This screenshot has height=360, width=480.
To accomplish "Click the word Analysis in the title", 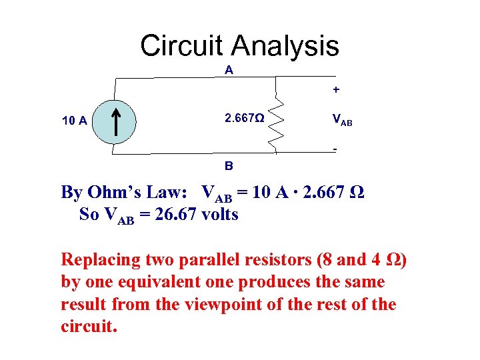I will (285, 46).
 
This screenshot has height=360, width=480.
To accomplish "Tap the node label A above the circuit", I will (229, 70).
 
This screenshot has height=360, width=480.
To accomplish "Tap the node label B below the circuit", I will (229, 164).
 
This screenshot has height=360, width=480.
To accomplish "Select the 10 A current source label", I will (74, 121).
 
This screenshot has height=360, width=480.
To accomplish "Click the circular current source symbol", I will (114, 121).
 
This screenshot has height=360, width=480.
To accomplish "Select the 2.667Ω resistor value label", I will (244, 119).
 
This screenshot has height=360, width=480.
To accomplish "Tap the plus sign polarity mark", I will (336, 89).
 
